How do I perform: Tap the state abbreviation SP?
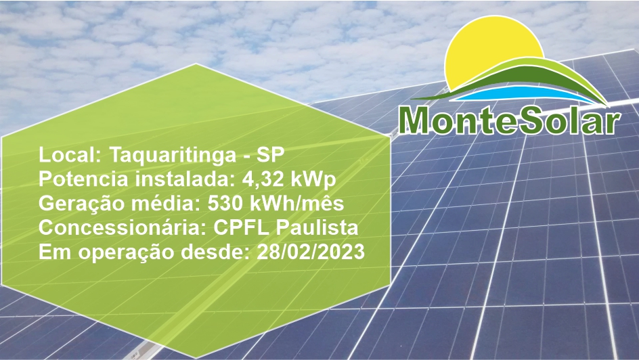coord(271,155)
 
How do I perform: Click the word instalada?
coord(185,179)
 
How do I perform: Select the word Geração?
coord(82,204)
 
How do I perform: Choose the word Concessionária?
coord(123,227)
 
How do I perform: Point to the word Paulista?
coord(317,228)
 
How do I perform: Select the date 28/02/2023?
coord(311,252)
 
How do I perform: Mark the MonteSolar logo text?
coord(510,120)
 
